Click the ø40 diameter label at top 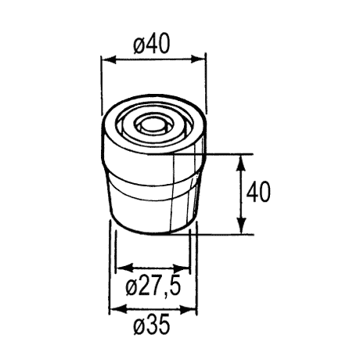(152, 45)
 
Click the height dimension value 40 (258, 193)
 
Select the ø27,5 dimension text (153, 286)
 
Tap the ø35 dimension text (152, 324)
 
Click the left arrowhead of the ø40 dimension (109, 59)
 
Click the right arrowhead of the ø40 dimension (198, 59)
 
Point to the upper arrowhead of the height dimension (242, 163)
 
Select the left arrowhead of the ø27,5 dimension (124, 268)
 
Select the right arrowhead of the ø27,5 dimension (183, 268)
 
